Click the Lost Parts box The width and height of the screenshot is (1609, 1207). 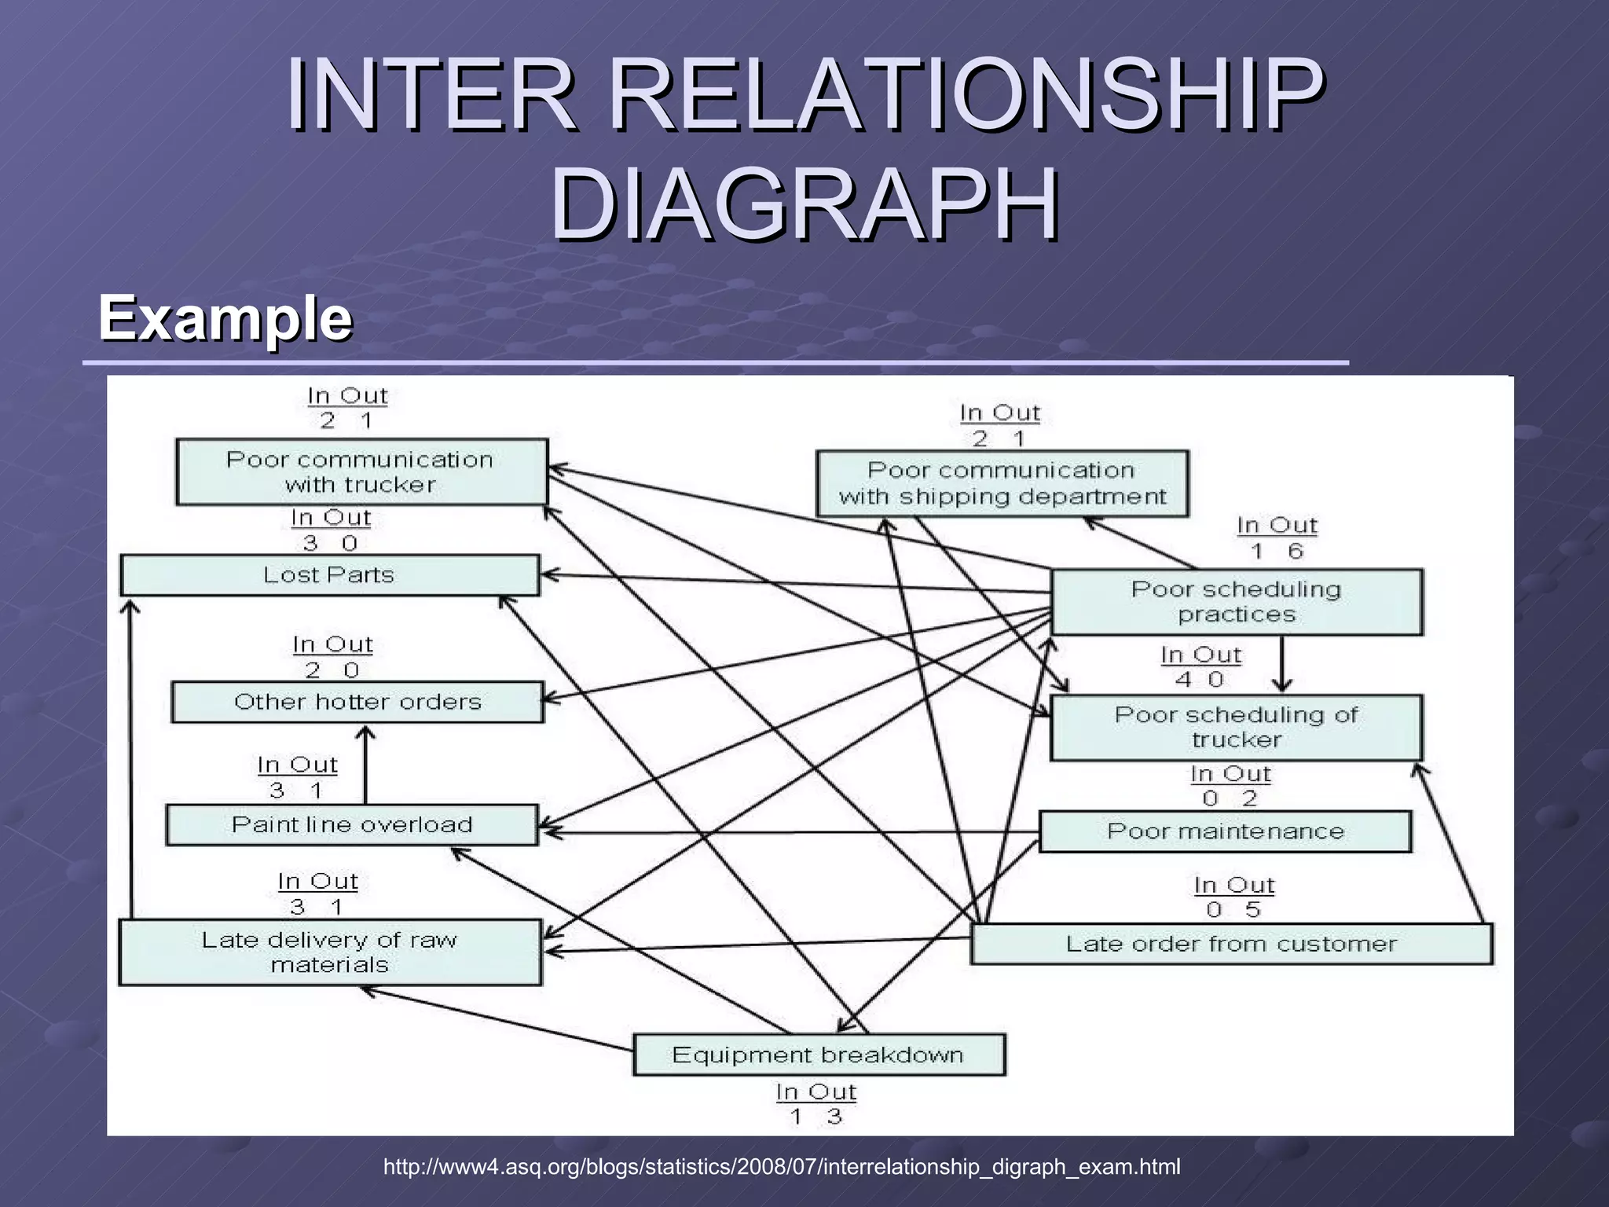(329, 575)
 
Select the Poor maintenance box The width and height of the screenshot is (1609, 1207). (1225, 831)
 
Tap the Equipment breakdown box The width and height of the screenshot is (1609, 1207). (818, 1055)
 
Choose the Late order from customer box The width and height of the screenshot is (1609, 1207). (1231, 944)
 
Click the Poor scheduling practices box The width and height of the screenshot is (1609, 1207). (1236, 602)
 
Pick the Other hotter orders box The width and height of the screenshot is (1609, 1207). (357, 702)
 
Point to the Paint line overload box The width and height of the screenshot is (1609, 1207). (352, 824)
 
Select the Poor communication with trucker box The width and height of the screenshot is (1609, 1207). (361, 472)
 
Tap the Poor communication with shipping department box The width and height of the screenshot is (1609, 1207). (1002, 483)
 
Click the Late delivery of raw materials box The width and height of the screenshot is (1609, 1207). (329, 952)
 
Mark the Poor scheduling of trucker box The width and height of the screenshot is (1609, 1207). (1236, 727)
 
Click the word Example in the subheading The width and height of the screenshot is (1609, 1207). (225, 317)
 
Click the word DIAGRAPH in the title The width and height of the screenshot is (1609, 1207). (804, 206)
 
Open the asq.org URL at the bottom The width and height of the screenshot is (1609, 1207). (781, 1167)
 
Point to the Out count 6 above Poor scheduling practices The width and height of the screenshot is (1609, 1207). (1295, 552)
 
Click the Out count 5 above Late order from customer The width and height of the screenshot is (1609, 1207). (1252, 910)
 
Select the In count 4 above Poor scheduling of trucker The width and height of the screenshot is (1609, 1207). (1183, 680)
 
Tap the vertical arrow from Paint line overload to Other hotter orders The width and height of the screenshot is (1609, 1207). (365, 766)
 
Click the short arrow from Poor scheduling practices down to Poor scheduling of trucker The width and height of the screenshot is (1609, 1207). (1282, 664)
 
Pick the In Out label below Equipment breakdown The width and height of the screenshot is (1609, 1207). (815, 1092)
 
